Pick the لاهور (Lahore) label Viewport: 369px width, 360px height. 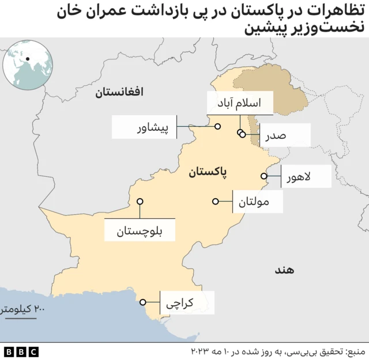(306, 176)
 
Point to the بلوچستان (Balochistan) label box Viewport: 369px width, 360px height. (140, 232)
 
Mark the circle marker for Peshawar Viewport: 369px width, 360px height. (218, 127)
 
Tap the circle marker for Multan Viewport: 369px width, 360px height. (216, 202)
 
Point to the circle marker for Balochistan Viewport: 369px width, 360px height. (140, 202)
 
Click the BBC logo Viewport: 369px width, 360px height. (21, 351)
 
